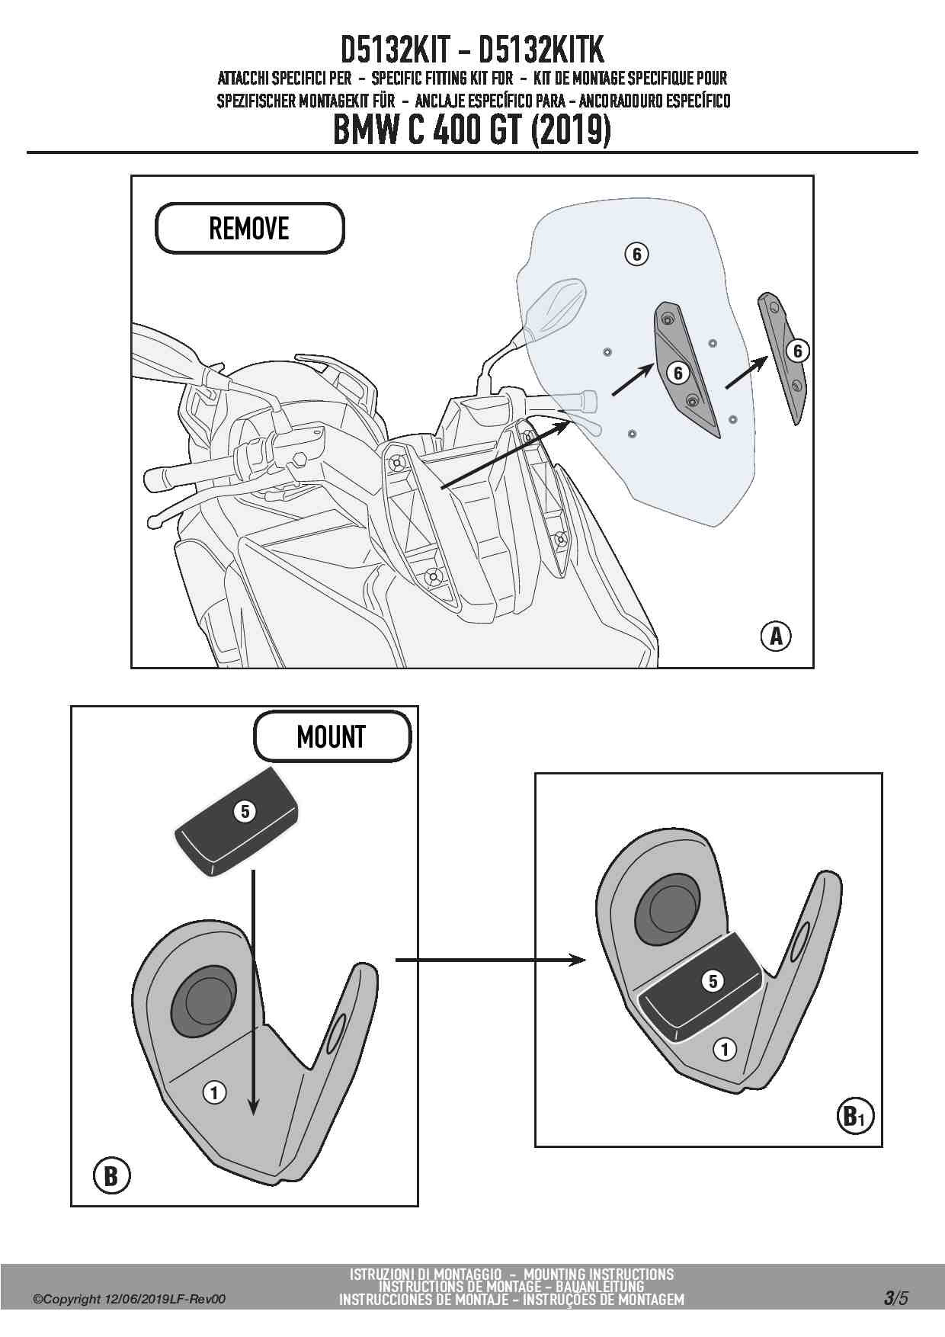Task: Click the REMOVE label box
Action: pyautogui.click(x=249, y=228)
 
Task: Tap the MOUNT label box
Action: pyautogui.click(x=332, y=736)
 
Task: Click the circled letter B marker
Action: pyautogui.click(x=111, y=1175)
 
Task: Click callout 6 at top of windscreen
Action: pyautogui.click(x=636, y=253)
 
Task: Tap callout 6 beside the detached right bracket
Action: pyautogui.click(x=798, y=351)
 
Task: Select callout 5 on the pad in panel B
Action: pyautogui.click(x=245, y=811)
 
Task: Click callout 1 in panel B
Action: pyautogui.click(x=214, y=1093)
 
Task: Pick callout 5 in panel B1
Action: pyautogui.click(x=713, y=980)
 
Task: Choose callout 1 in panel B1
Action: pyautogui.click(x=724, y=1049)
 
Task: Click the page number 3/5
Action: pyautogui.click(x=896, y=1297)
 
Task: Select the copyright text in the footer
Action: pyautogui.click(x=130, y=1300)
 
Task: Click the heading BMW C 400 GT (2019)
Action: pyautogui.click(x=472, y=130)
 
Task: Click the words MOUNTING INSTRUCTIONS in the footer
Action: pyautogui.click(x=598, y=1274)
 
